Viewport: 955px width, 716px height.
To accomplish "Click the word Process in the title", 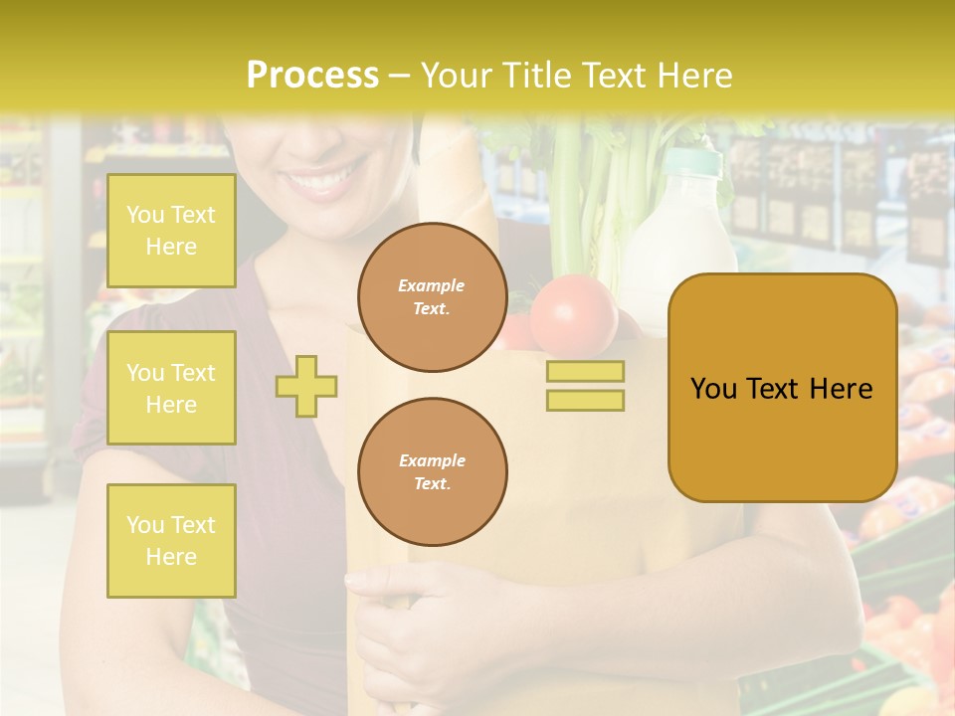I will (312, 76).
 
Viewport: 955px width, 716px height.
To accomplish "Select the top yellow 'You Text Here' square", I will (171, 231).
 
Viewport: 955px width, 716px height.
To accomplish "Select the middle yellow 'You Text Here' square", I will (171, 388).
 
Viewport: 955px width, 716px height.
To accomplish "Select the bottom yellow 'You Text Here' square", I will (171, 540).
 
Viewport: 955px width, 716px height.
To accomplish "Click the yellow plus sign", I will (306, 386).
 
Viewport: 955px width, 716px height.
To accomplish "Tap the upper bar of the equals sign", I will (585, 371).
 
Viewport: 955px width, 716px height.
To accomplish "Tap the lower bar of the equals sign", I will (585, 400).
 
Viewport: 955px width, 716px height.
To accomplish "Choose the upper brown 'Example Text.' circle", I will (432, 296).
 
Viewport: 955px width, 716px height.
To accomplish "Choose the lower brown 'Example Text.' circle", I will (432, 471).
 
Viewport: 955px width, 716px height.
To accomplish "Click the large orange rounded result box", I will (782, 388).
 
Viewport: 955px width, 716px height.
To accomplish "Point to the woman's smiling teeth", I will (323, 183).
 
